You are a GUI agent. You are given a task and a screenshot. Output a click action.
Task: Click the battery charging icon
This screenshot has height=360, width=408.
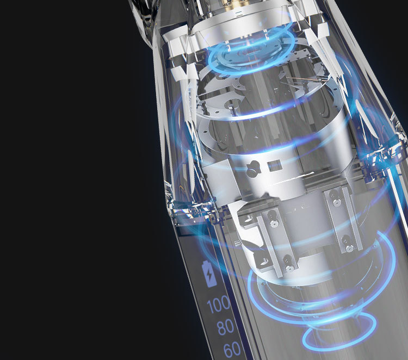pos(209,274)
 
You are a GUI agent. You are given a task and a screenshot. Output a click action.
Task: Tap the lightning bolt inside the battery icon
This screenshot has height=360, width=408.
pos(209,275)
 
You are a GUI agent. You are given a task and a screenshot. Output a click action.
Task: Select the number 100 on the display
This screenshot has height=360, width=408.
pos(219,304)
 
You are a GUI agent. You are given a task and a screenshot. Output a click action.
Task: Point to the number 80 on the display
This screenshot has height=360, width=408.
pos(225,327)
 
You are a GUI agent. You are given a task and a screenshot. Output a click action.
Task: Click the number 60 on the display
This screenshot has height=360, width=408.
pos(232,349)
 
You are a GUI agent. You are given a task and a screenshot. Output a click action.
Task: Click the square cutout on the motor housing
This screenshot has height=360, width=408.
pos(274,166)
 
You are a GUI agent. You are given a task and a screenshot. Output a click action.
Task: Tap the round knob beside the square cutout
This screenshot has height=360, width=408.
pos(252,170)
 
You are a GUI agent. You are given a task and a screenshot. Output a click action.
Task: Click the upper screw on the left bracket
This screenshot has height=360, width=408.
pos(273,219)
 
